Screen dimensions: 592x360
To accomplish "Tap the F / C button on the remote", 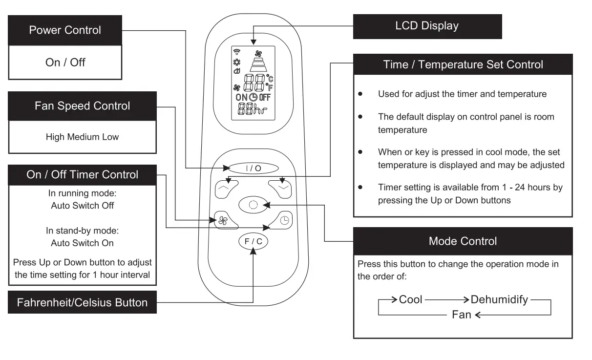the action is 253,241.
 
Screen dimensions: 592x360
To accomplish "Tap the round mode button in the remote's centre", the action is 253,205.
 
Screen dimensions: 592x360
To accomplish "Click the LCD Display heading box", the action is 427,26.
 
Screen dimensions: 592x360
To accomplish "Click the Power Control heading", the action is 65,30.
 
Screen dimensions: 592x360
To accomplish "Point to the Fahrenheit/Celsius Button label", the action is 82,302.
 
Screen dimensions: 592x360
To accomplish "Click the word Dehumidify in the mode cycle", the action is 499,300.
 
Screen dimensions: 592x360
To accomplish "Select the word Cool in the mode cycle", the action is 410,299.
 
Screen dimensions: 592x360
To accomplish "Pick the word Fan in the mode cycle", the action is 462,315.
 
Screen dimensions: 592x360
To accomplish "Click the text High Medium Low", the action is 82,137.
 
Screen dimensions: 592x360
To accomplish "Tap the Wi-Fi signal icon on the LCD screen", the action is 237,52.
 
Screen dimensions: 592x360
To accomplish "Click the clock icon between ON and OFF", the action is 253,97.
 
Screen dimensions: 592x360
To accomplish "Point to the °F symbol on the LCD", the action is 269,87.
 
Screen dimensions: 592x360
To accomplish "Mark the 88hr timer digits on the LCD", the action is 253,109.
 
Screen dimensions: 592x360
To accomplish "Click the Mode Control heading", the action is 463,241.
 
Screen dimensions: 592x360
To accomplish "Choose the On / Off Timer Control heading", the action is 82,175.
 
